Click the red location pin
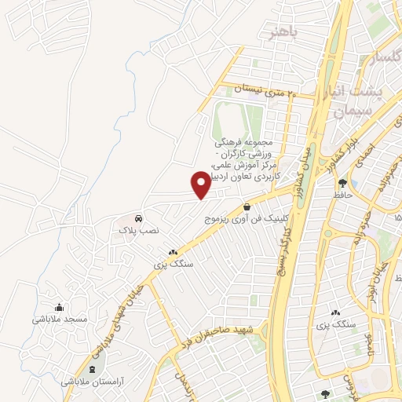click(201, 184)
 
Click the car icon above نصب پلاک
click(138, 217)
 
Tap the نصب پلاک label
click(138, 231)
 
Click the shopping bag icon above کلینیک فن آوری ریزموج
click(247, 206)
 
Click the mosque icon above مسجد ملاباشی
click(59, 307)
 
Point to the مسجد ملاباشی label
click(59, 320)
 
